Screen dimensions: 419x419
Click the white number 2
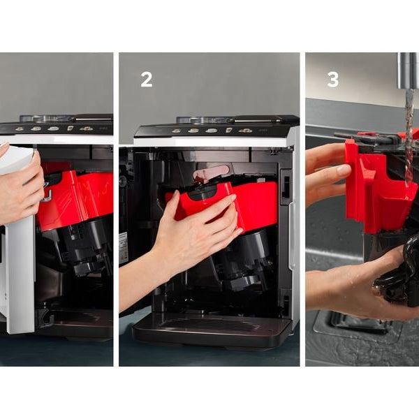click(147, 80)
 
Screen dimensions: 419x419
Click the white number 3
click(332, 80)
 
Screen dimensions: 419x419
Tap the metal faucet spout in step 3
click(408, 71)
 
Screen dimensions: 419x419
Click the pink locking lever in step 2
click(211, 172)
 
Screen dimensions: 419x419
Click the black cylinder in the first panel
click(80, 246)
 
